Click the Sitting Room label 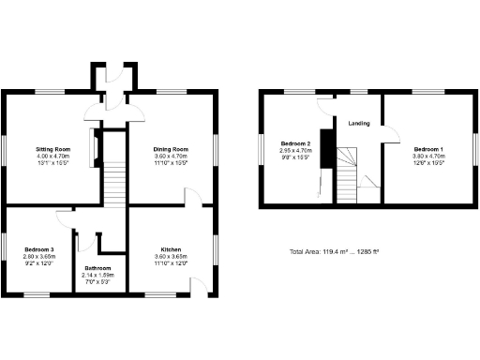[52, 149]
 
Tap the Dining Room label [172, 149]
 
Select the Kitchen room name [170, 249]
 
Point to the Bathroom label [98, 267]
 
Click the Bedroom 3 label [39, 249]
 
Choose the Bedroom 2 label [294, 143]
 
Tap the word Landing [358, 124]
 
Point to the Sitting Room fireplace [93, 147]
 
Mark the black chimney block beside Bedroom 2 [326, 147]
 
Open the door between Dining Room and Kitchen [191, 196]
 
